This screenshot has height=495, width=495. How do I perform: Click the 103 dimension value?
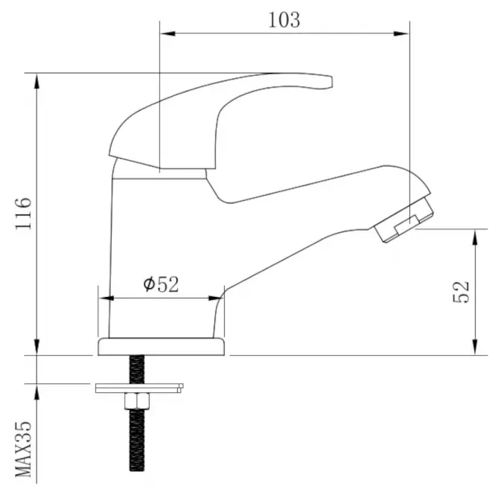[x=284, y=20]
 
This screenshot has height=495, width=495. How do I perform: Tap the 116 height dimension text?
[x=23, y=214]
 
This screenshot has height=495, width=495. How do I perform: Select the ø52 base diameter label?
[x=161, y=284]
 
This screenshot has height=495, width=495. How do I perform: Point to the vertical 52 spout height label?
[x=462, y=292]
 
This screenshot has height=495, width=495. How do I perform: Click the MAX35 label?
[x=23, y=450]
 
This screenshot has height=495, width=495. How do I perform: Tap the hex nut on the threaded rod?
[x=137, y=401]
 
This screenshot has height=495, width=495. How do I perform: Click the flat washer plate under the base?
[x=139, y=389]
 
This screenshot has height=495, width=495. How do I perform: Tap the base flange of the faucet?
[x=162, y=347]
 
